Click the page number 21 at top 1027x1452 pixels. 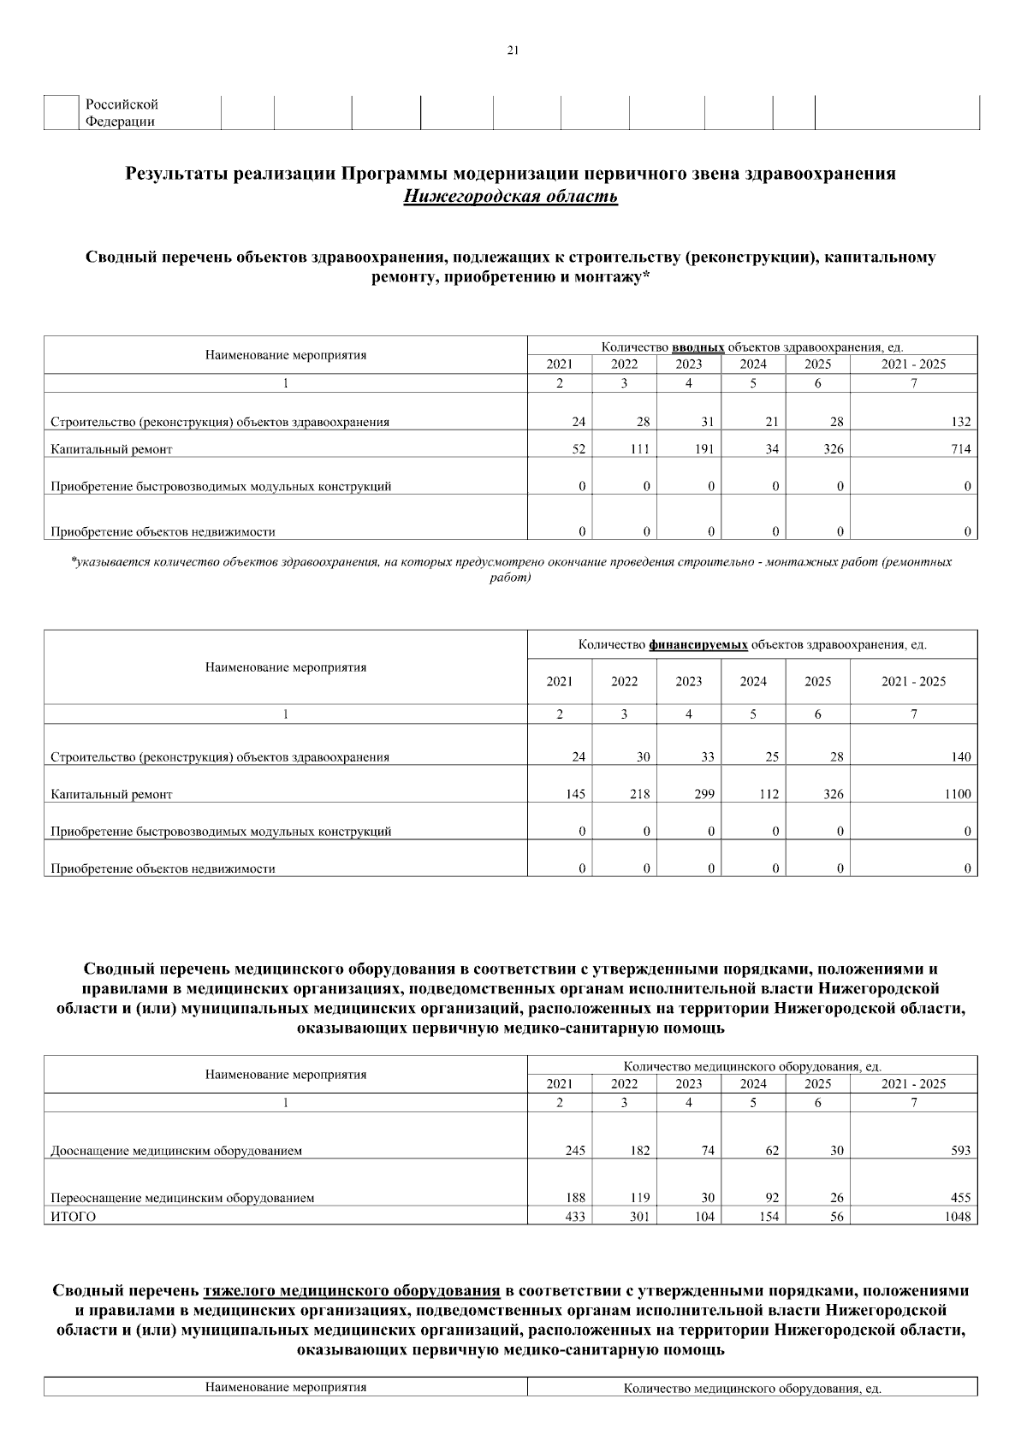tap(513, 50)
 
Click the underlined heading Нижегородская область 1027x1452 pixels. tap(511, 198)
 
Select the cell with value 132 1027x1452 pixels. tap(960, 422)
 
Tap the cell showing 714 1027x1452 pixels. tap(960, 449)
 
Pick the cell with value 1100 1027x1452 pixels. tap(957, 794)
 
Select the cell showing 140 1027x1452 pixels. tap(960, 757)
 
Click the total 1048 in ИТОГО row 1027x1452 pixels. tap(957, 1217)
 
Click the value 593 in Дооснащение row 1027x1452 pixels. tap(960, 1151)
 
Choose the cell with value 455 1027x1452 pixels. tap(960, 1198)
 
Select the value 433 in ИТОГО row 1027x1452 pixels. tap(574, 1217)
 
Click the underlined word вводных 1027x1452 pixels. tap(698, 347)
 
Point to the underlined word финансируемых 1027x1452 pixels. tap(698, 645)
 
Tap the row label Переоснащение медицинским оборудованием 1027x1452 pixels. tap(182, 1198)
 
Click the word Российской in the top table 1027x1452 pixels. tap(122, 104)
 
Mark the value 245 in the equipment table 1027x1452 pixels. tap(574, 1151)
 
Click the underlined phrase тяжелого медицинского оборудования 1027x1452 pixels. tap(352, 1290)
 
